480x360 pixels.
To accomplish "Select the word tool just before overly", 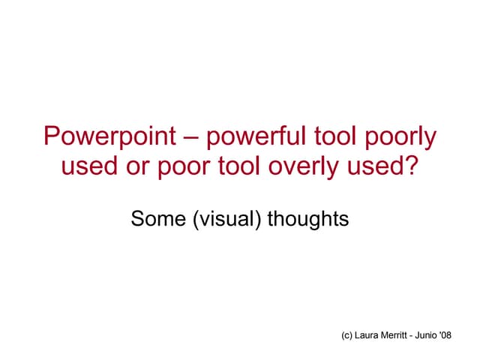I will click(x=240, y=166).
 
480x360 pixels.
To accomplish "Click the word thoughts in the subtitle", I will click(x=308, y=220).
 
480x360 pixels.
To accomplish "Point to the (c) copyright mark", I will click(x=346, y=336).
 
